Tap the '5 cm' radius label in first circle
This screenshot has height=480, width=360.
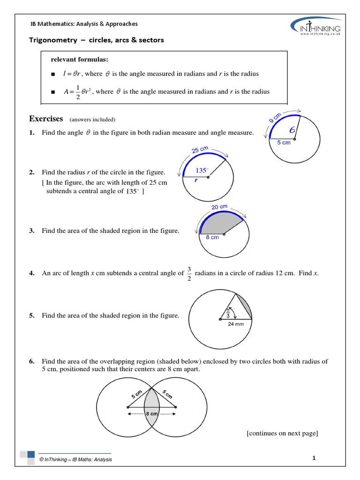coord(284,142)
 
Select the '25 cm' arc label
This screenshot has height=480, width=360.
coord(200,150)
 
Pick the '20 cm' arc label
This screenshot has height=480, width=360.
coord(219,207)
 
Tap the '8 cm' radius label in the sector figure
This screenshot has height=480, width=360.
coord(212,238)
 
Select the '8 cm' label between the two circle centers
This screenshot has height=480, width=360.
coord(151,414)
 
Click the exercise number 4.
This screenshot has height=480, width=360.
coord(32,273)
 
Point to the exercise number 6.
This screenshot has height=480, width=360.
coord(32,361)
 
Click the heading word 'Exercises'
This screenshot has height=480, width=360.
coord(46,119)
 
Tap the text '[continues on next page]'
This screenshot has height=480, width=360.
coord(282,433)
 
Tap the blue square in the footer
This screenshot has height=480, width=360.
coord(31,454)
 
